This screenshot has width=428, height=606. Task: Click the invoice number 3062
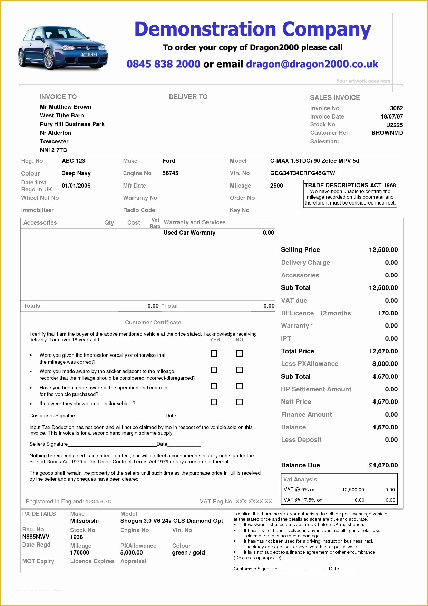click(x=396, y=108)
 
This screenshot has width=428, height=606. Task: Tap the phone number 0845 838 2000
click(x=163, y=64)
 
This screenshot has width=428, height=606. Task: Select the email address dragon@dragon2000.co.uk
click(x=312, y=64)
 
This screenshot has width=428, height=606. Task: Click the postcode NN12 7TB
click(x=53, y=150)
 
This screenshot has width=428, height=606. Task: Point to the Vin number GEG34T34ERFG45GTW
click(x=302, y=173)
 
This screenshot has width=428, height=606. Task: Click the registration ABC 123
click(x=73, y=161)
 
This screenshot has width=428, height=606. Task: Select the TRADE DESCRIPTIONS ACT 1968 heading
click(x=350, y=185)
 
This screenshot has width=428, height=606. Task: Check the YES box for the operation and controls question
click(x=214, y=386)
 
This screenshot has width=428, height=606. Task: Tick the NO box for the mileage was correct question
click(x=240, y=353)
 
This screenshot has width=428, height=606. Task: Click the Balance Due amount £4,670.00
click(x=383, y=465)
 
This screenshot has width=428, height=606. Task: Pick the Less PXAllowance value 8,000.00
click(x=385, y=363)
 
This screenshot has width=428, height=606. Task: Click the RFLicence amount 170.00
click(x=388, y=313)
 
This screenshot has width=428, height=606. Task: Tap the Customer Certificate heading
click(x=153, y=322)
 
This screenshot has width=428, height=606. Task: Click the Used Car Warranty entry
click(x=189, y=233)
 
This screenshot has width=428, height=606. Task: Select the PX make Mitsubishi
click(x=84, y=521)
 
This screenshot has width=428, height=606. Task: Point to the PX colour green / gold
click(x=188, y=552)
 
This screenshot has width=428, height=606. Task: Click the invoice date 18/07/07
click(x=391, y=116)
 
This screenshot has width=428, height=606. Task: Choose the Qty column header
click(x=109, y=223)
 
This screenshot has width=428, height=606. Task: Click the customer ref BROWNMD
click(x=387, y=133)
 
